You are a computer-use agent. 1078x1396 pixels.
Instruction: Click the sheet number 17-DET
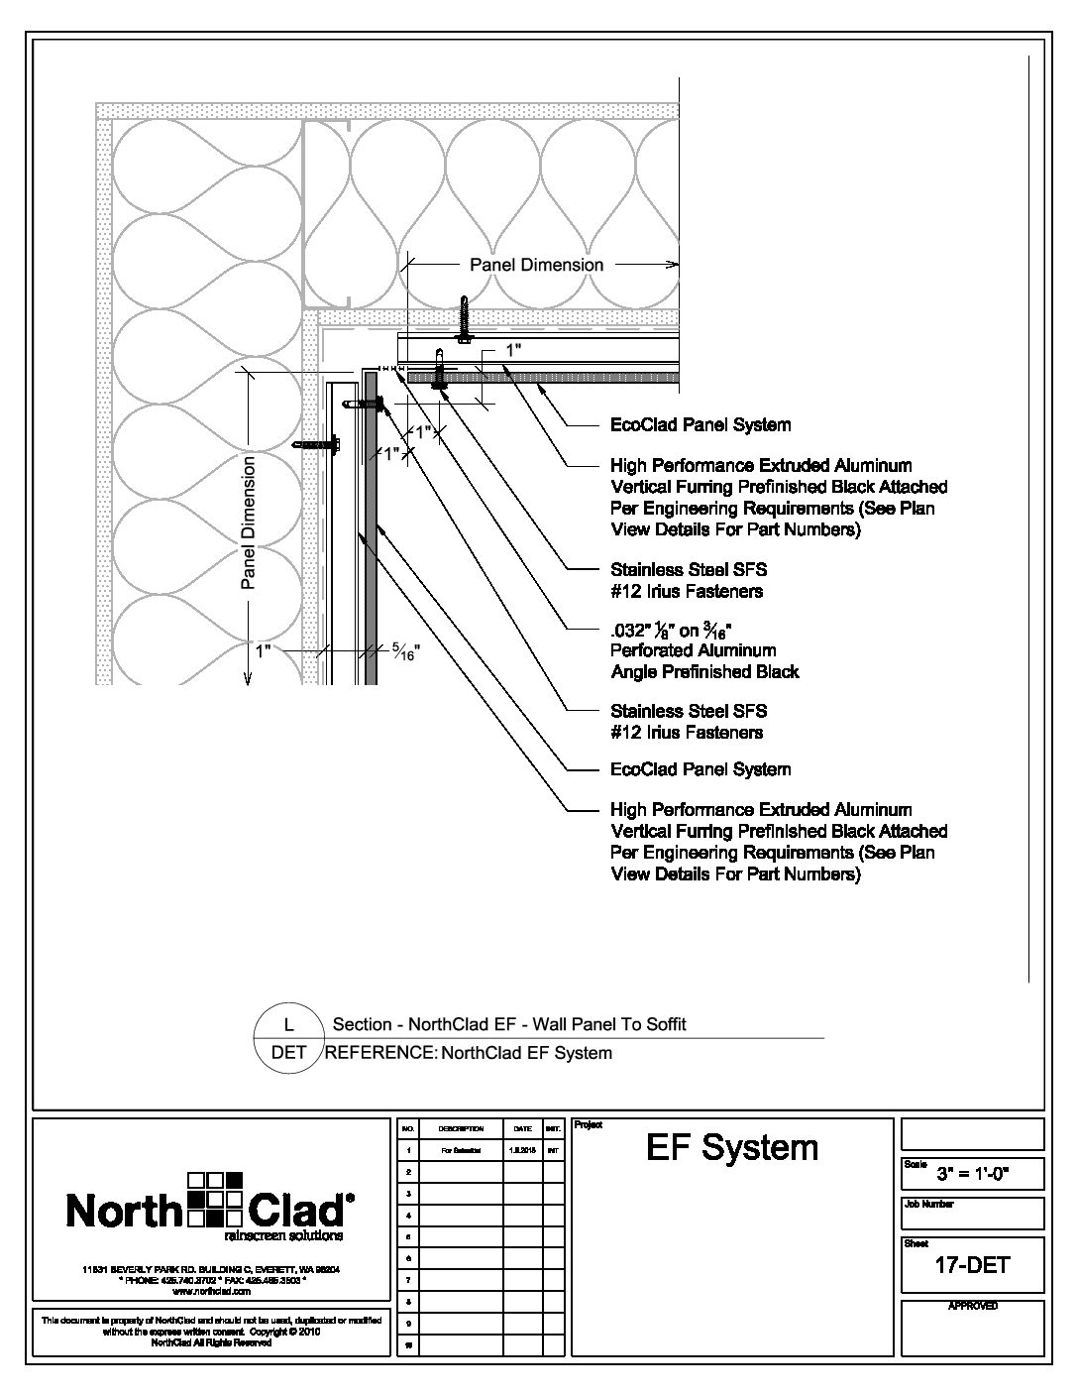coord(972,1264)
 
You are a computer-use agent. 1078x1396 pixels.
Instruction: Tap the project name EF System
coord(732,1148)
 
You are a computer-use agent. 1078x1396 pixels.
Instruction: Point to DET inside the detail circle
coord(289,1053)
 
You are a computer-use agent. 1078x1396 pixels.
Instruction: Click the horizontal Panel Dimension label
coord(536,265)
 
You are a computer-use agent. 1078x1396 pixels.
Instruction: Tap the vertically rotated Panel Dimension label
coord(249,522)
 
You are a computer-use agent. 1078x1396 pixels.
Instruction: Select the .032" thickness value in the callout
coord(631,629)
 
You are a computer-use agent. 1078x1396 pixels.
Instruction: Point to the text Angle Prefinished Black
coord(704,672)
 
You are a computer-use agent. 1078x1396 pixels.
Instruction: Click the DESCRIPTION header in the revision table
coord(460,1129)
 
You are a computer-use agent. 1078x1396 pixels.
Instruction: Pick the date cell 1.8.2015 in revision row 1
coord(521,1151)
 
